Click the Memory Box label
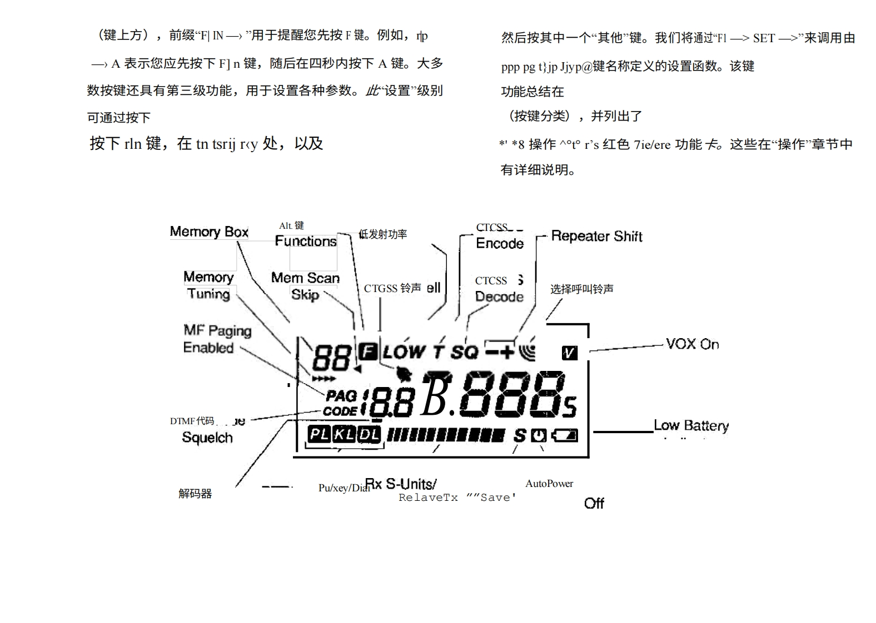[209, 232]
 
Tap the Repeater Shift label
[596, 237]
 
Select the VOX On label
[692, 344]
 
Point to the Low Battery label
[691, 426]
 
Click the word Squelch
[207, 438]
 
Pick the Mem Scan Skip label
[305, 286]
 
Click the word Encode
[500, 243]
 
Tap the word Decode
[499, 297]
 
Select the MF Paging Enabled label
[217, 339]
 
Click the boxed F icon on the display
[367, 351]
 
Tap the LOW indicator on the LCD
[404, 351]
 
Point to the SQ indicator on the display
[464, 351]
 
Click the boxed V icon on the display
[570, 353]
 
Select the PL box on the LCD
[320, 434]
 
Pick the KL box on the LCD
[344, 434]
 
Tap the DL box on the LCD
[369, 434]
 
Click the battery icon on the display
[565, 435]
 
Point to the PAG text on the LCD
[341, 396]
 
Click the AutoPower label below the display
[549, 484]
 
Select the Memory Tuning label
[208, 285]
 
